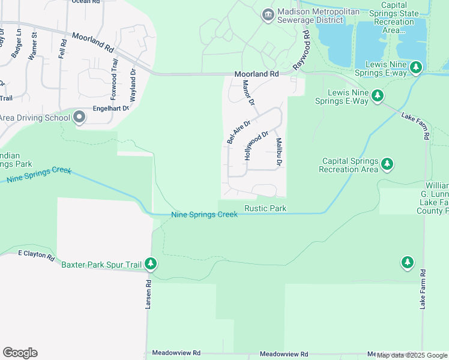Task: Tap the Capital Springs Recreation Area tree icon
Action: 388,163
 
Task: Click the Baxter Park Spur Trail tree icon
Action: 151,263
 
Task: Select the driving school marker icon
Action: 79,118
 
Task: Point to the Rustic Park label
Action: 265,208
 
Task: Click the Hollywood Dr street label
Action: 255,146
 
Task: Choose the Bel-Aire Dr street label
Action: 238,131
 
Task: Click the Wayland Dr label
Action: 133,86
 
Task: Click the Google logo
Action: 20,353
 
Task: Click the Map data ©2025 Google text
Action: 412,355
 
